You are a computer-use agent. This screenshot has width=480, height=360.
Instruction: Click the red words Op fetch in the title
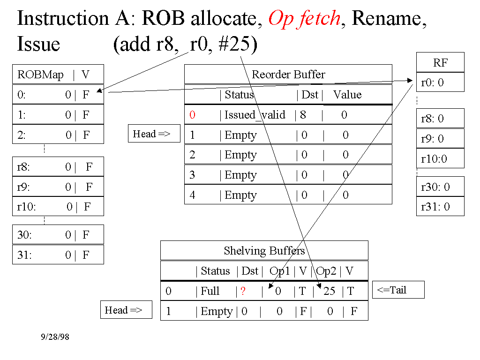304,19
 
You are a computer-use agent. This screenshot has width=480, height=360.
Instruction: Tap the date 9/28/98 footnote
55,337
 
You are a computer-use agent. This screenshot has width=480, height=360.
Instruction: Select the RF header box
440,62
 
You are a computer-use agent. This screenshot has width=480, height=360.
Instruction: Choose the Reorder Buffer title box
288,75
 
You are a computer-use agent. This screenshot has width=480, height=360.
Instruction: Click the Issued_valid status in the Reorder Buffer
255,115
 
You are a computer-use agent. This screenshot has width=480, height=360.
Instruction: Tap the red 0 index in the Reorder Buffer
192,115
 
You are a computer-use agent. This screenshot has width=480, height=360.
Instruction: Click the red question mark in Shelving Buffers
243,292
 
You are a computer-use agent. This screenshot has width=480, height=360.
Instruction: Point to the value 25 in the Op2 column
330,291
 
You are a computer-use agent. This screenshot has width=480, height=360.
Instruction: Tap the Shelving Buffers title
264,251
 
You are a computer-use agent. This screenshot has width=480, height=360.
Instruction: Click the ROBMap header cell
40,75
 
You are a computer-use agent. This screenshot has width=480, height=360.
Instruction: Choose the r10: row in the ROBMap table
58,207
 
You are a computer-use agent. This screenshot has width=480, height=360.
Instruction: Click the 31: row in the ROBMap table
58,255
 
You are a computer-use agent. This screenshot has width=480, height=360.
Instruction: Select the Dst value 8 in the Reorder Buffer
303,115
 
